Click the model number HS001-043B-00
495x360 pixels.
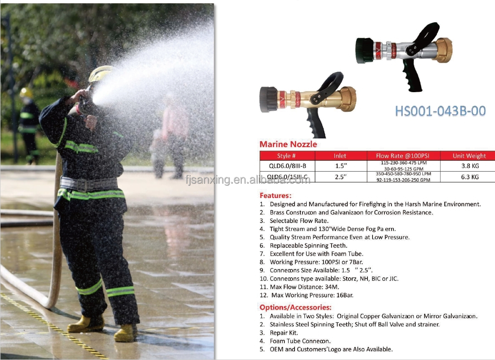(441, 111)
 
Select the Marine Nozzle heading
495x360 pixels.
(288, 144)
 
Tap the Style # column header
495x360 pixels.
(286, 156)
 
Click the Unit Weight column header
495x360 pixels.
(469, 156)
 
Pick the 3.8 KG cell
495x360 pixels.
(470, 166)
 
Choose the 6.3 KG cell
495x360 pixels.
(470, 177)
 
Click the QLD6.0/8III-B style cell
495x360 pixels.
(287, 166)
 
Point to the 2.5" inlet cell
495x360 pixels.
(341, 177)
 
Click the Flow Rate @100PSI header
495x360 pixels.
(402, 156)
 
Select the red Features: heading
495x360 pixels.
(275, 196)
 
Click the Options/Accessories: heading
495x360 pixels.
(295, 307)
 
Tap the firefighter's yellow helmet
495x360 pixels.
(100, 74)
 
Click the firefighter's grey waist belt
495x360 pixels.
(89, 184)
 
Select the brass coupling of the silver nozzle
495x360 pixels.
(441, 50)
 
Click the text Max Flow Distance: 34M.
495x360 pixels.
(304, 287)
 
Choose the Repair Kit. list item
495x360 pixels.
(284, 333)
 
